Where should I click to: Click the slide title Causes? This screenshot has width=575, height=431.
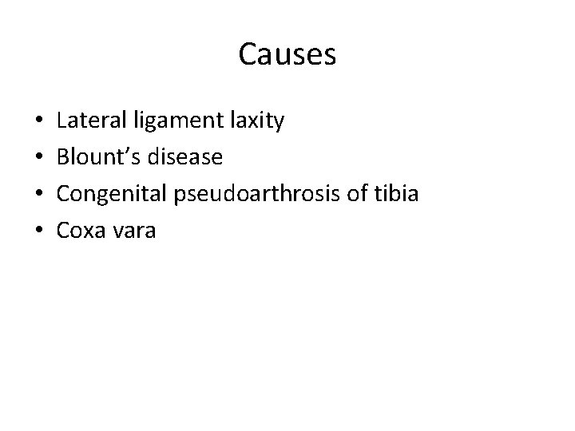click(287, 54)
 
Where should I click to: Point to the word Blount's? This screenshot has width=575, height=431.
click(94, 157)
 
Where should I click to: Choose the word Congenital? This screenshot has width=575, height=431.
click(108, 194)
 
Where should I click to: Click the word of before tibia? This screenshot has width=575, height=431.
click(367, 193)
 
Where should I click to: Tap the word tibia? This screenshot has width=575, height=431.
click(399, 193)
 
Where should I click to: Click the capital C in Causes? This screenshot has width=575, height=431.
click(248, 54)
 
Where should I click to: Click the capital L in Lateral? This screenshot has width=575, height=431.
click(62, 121)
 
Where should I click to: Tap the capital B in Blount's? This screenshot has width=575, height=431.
click(63, 157)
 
